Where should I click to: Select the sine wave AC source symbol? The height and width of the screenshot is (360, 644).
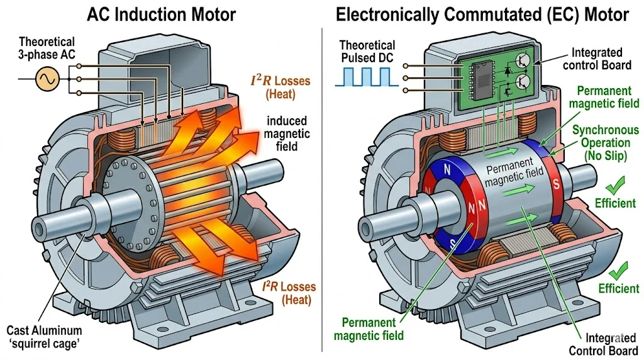[x=48, y=80]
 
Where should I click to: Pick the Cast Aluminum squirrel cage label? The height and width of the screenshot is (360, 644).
[x=43, y=335]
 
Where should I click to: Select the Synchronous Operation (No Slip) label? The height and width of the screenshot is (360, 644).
[x=605, y=142]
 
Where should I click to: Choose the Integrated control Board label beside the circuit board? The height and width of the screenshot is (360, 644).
[x=598, y=59]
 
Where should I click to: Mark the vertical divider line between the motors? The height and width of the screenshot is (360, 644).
[x=322, y=189]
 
